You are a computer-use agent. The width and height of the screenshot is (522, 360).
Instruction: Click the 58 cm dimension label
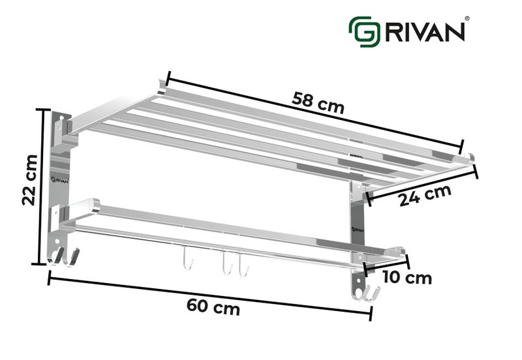pyautogui.click(x=318, y=102)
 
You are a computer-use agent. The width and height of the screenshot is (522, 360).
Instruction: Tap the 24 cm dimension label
pyautogui.click(x=425, y=195)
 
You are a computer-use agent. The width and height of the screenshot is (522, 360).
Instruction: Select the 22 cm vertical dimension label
pyautogui.click(x=27, y=179)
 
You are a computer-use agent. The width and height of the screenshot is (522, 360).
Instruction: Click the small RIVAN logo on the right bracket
pyautogui.click(x=357, y=228)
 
